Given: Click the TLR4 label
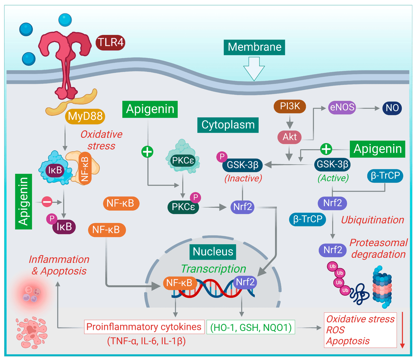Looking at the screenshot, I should point(110,42).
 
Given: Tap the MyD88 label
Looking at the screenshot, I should point(85,116).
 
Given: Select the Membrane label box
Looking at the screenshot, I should point(254,47).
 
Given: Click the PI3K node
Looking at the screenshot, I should point(290,107).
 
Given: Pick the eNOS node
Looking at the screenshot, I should point(342,108).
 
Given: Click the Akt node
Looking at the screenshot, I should point(290,137).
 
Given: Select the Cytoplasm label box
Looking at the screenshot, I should point(228,125).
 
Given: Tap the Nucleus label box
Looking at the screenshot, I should point(213,251).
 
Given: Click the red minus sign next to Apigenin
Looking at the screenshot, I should point(47,202).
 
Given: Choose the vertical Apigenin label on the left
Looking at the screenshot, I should point(24,201).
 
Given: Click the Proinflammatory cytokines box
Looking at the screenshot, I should point(144,327).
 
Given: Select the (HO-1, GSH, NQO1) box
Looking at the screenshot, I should point(251,327).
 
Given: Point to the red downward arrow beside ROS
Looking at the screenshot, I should point(402,330).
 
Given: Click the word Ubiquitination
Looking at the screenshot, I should point(372,220).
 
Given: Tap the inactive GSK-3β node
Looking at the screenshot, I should point(243,165).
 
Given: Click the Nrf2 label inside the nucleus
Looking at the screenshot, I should point(245,282).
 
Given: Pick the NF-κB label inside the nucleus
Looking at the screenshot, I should point(180,283).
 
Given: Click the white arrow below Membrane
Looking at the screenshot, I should point(254,68).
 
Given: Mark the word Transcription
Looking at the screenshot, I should point(213,269).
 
